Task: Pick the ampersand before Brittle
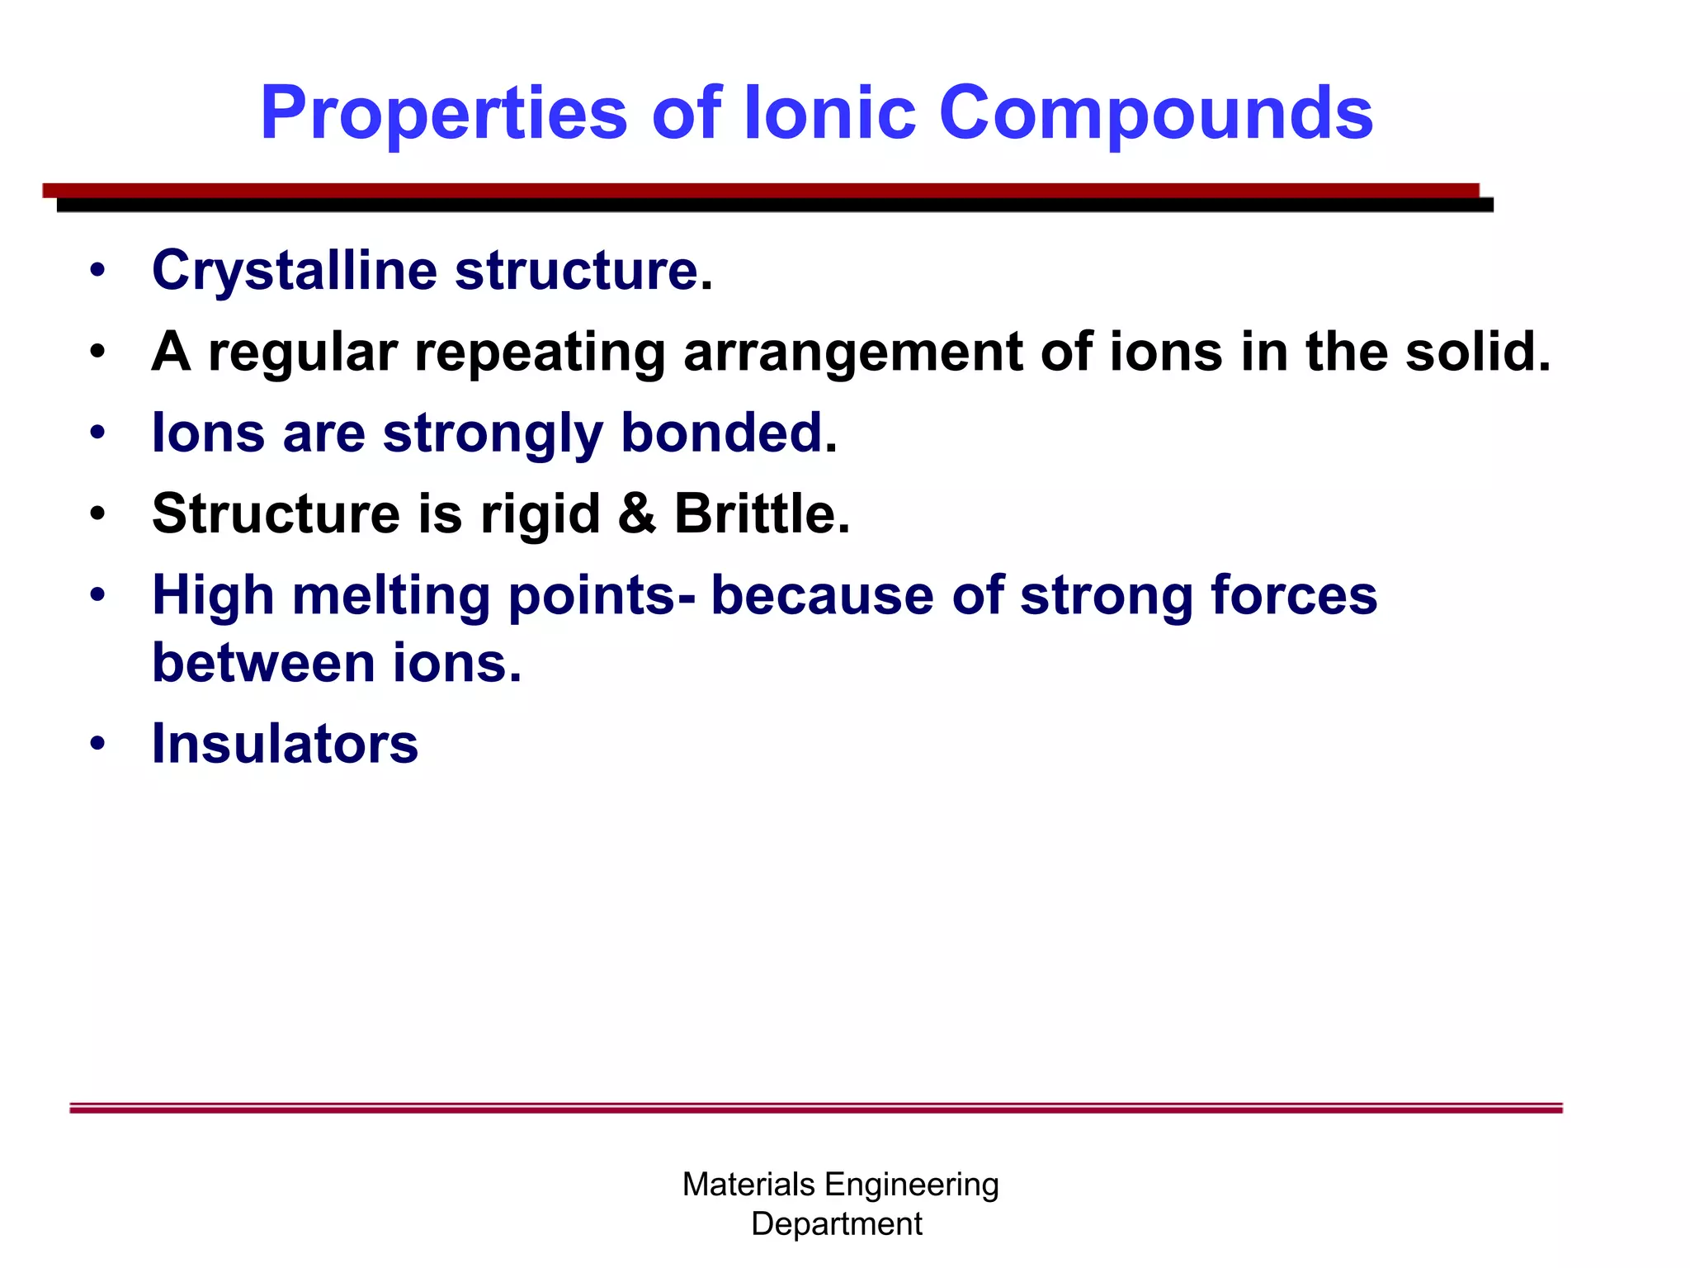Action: tap(636, 514)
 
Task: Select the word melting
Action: tap(391, 597)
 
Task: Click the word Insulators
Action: tap(285, 744)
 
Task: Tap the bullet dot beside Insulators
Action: tap(98, 743)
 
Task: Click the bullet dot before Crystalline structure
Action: tap(98, 270)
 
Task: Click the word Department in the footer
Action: tap(836, 1224)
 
